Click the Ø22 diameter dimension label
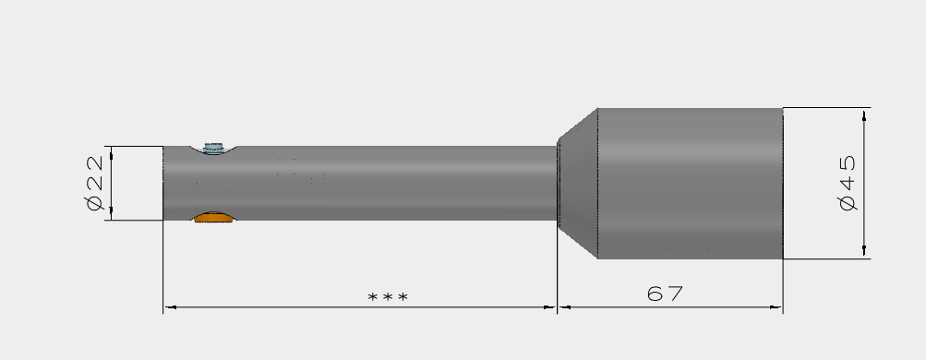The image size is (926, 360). coord(95,183)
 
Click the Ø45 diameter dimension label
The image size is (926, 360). coord(848,183)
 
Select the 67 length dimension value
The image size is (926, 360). coord(665,294)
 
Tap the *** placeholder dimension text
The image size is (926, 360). coord(388,297)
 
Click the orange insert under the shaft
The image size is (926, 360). coord(214,217)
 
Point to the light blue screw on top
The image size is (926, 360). coord(213,148)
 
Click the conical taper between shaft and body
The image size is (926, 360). coord(578,183)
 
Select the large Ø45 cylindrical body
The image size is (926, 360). coord(691,183)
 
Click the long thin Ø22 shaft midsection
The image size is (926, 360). coord(390,183)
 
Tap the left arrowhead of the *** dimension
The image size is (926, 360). coord(170,306)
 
